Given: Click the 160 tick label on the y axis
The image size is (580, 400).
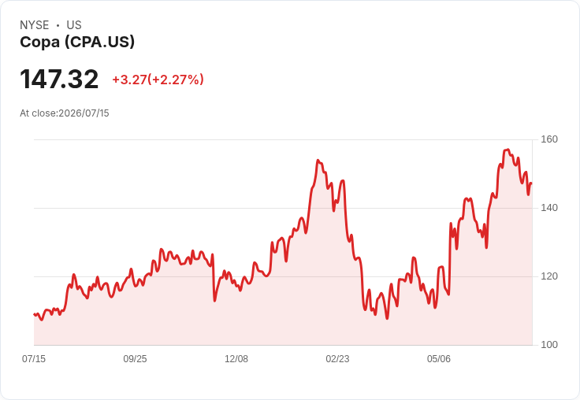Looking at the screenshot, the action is pos(549,139).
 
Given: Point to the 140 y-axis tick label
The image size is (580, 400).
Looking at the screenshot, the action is pos(549,208).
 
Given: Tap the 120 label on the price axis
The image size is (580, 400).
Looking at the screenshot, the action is pos(549,276).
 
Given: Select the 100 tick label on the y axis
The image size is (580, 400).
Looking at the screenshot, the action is pos(549,345).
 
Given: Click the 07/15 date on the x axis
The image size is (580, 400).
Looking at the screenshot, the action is pos(34,358).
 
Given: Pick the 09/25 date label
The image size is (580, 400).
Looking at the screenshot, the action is pos(135,358).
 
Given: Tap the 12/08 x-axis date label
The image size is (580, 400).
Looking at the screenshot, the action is pos(236,358).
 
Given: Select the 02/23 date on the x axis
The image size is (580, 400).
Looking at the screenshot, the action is pos(337,358).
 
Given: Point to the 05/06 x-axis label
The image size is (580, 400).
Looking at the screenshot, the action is pos(439,358).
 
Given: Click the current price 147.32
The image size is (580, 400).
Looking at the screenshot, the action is pos(59,79).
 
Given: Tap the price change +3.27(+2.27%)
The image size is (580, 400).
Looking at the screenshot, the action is pos(158,80).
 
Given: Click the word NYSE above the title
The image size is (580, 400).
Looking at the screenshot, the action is pos(35,25).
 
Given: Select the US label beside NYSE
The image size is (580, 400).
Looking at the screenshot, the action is pos(74,25).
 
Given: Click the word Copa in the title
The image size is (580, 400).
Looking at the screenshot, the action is pos(40,43).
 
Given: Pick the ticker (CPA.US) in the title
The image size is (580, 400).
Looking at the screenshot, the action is pos(99,43).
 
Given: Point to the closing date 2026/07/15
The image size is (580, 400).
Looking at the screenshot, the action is pos(84,113).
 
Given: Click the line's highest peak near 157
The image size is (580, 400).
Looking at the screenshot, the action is pos(507,150).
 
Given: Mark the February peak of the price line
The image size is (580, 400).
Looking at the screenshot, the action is pos(318,161).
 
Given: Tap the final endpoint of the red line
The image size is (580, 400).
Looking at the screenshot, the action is pos(532,183).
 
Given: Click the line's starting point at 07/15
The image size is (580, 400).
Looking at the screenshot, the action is pos(34,314).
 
